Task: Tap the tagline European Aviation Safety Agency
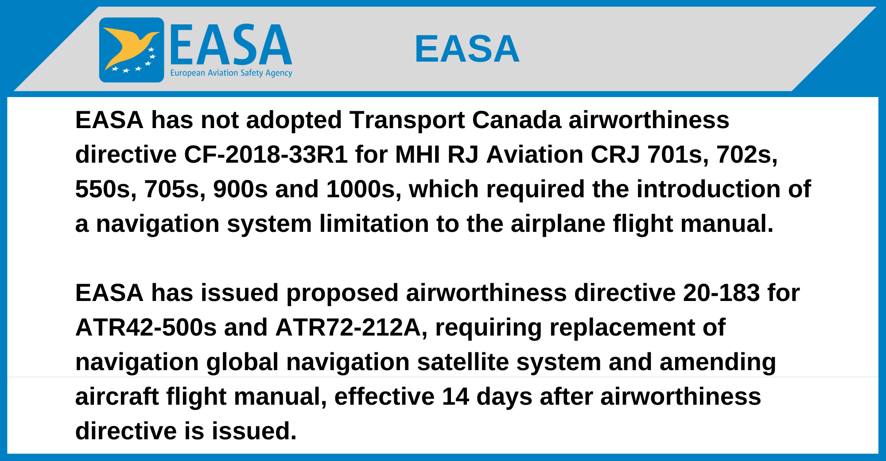coord(231,73)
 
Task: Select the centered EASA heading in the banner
coord(467,49)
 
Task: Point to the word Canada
coord(517,120)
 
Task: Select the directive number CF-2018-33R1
coord(266,155)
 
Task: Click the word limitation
coord(374,224)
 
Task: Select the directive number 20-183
coord(722,293)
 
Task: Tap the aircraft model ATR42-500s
coord(146,328)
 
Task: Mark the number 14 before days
coord(455,397)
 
